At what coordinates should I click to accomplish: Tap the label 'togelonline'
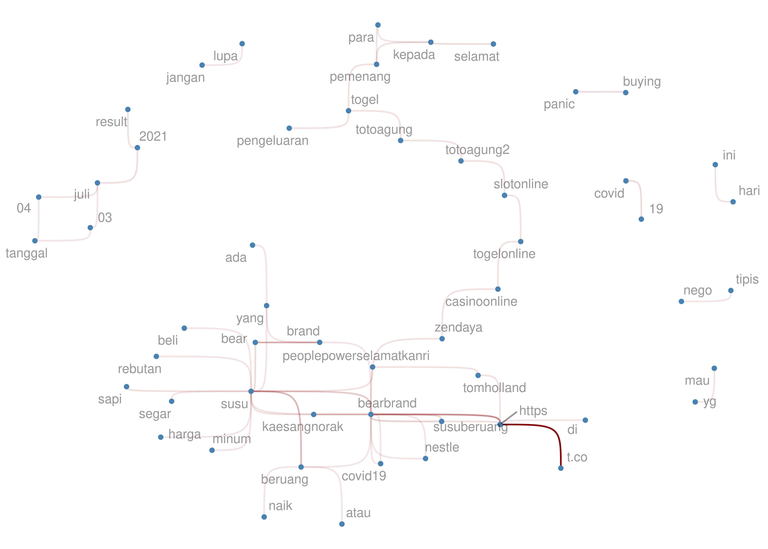coord(504,254)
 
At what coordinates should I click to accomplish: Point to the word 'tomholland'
coord(494,388)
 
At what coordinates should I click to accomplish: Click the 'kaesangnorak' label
coord(303,427)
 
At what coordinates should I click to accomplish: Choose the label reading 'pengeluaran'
coord(272,141)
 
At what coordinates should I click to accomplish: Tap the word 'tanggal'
coord(27,253)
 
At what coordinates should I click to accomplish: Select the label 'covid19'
coord(364,476)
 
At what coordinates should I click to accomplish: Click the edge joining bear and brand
coord(287,342)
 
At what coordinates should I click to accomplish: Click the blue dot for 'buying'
coord(625,93)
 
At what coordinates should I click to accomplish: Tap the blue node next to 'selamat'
coord(493,44)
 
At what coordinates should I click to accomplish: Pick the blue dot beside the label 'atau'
coord(342,524)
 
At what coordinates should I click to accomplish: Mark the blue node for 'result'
coord(128,109)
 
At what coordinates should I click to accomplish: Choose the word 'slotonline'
coord(520,184)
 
